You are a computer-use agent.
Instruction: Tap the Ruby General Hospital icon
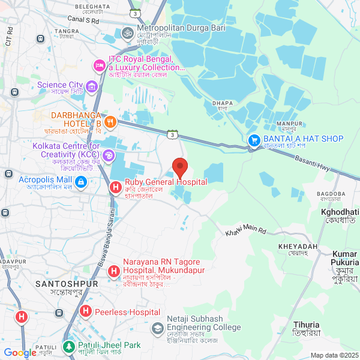(x=116, y=188)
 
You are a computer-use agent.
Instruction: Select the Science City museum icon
(x=92, y=88)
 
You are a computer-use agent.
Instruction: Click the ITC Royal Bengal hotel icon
(x=98, y=64)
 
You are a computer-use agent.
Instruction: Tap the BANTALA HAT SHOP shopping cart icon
(x=254, y=140)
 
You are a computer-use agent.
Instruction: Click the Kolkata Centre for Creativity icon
(x=109, y=156)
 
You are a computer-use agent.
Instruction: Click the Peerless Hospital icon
(x=85, y=312)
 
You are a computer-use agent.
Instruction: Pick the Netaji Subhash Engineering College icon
(x=157, y=328)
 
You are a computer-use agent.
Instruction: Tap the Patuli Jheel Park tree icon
(x=69, y=347)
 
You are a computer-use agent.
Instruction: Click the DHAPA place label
(x=222, y=103)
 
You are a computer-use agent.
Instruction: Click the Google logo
(x=20, y=353)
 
